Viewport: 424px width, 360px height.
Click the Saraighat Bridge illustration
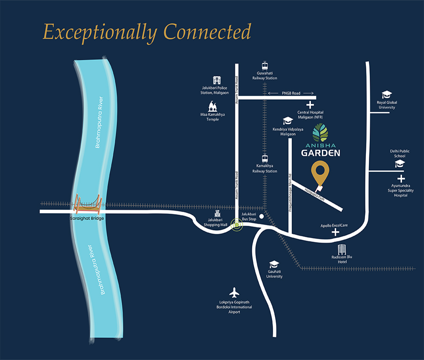click(88, 204)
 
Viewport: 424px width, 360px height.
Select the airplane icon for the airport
click(234, 293)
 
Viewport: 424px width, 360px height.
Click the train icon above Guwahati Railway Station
click(265, 66)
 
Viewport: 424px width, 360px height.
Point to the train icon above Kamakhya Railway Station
click(265, 158)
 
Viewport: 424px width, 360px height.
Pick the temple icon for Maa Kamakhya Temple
click(212, 106)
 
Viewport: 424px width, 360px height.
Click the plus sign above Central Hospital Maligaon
click(310, 105)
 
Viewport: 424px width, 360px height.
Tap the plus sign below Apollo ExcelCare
click(335, 232)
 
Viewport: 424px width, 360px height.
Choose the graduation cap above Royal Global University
click(387, 94)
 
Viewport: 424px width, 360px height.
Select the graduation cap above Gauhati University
click(274, 264)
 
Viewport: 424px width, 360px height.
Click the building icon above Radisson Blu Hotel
click(342, 249)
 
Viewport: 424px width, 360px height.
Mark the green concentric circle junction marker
click(237, 224)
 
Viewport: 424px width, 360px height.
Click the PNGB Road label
click(291, 93)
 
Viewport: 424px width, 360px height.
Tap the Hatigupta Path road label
click(315, 194)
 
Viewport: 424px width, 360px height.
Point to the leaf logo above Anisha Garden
click(320, 133)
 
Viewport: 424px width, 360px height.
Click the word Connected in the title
click(207, 32)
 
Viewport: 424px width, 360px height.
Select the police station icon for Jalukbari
click(217, 80)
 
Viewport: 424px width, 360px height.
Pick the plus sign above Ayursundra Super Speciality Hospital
click(401, 178)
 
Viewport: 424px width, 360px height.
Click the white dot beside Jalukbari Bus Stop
click(262, 216)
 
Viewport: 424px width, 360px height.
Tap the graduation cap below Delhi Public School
click(400, 163)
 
